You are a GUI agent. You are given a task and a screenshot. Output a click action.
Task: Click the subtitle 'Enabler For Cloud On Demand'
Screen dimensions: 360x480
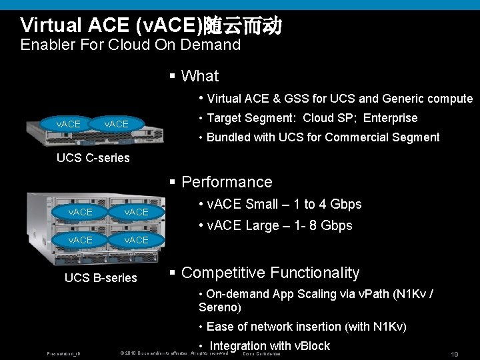click(130, 45)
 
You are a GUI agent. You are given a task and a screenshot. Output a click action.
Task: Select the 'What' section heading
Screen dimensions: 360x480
click(199, 76)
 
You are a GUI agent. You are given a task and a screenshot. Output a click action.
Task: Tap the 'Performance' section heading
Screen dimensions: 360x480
click(227, 182)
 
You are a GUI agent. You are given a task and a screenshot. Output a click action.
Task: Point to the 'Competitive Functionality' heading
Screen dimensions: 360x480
click(270, 273)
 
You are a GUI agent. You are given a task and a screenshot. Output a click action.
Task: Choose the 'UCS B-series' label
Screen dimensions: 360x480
click(101, 277)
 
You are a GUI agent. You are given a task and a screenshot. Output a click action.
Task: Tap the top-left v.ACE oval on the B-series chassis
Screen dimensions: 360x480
click(81, 211)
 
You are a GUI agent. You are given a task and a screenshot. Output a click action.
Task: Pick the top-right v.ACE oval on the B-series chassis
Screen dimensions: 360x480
click(136, 211)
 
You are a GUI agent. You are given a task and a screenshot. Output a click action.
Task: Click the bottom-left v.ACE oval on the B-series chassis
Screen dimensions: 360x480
click(81, 239)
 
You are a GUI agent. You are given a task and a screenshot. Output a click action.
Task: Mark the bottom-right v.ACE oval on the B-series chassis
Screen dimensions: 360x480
click(136, 239)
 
